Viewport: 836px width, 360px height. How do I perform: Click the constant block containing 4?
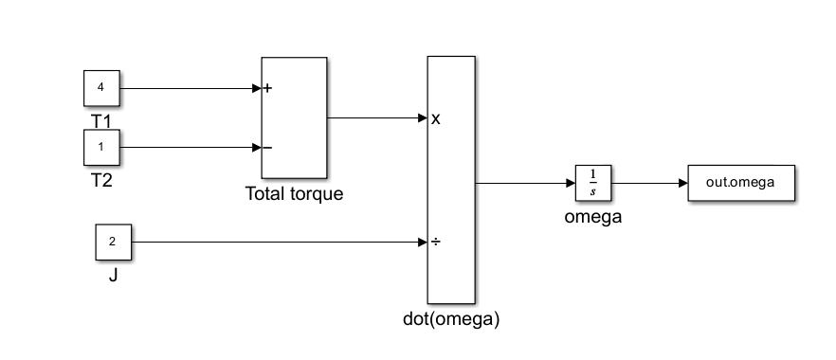tap(101, 88)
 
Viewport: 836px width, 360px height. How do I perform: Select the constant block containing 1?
tap(101, 147)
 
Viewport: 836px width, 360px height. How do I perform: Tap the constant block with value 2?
tap(114, 242)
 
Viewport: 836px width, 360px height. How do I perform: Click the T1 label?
tap(101, 121)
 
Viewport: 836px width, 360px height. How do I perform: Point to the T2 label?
tap(101, 181)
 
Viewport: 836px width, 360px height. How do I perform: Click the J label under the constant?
tap(113, 276)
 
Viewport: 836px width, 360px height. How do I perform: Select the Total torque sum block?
tap(294, 117)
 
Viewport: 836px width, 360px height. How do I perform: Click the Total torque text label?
tap(294, 193)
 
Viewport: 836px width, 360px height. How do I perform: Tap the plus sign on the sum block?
tap(267, 88)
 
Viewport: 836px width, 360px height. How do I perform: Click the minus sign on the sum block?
tap(267, 148)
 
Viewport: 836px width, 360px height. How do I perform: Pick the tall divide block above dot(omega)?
tap(451, 179)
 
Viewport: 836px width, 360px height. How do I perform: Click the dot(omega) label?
tap(451, 319)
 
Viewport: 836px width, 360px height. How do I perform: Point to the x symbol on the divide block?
tap(436, 119)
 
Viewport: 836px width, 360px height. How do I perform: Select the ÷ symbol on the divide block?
tap(436, 243)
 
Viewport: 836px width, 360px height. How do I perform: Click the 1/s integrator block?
tap(593, 183)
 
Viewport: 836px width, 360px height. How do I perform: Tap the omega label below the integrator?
tap(593, 217)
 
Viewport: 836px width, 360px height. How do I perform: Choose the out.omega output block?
tap(741, 183)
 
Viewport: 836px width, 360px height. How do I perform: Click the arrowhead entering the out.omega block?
tap(683, 183)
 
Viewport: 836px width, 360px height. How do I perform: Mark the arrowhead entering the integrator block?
tap(571, 183)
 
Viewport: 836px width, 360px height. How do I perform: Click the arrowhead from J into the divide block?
tap(423, 243)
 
